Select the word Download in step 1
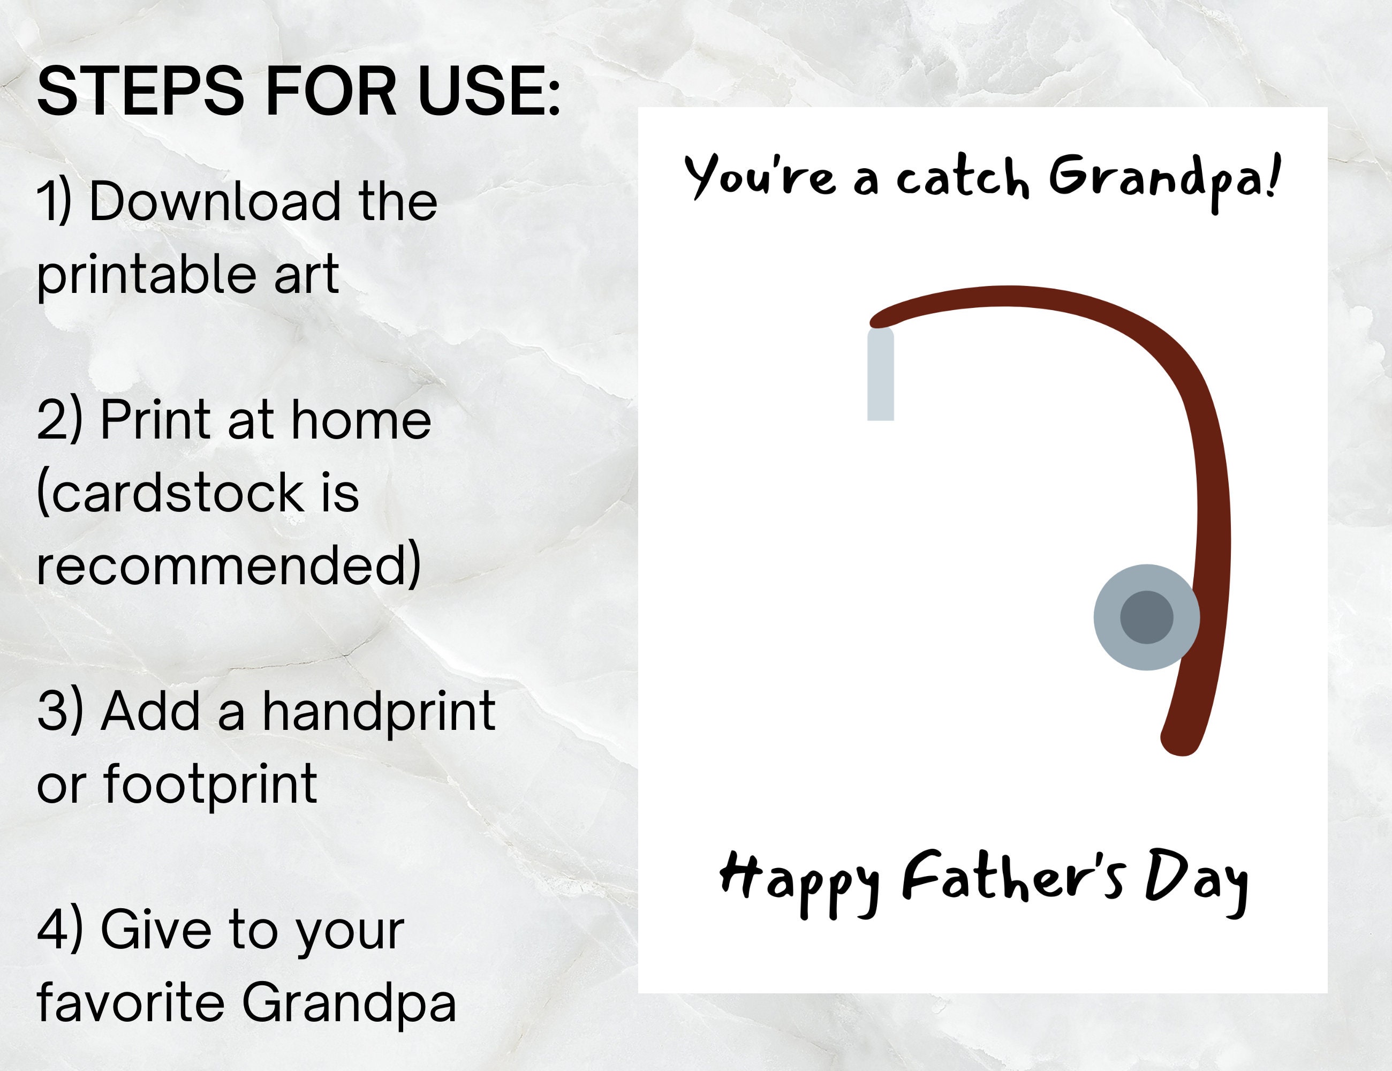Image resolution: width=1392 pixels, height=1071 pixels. click(215, 201)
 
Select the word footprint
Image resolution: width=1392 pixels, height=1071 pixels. click(210, 783)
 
